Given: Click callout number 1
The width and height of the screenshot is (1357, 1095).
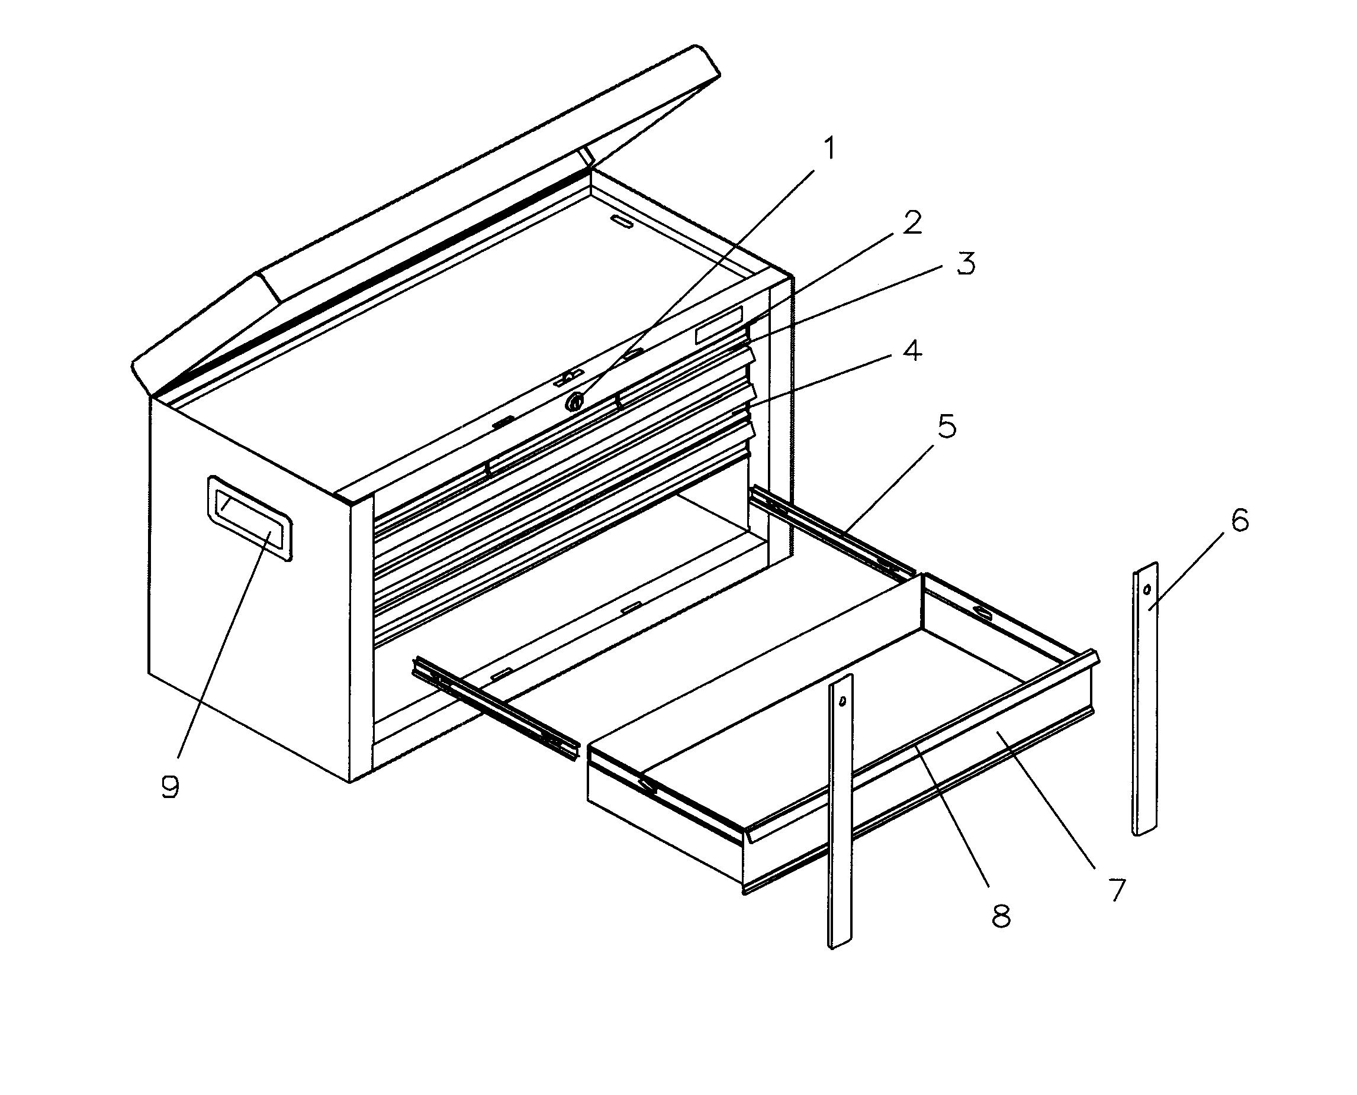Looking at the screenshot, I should [x=829, y=149].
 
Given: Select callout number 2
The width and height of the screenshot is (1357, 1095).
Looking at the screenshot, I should [x=911, y=222].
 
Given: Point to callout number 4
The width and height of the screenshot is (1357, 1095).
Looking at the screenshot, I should [x=911, y=350].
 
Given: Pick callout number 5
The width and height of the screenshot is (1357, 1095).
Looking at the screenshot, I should [x=946, y=427].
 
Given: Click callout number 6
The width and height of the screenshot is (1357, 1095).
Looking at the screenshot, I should [x=1239, y=521].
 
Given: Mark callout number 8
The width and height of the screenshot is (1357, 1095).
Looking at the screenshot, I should [x=1001, y=916].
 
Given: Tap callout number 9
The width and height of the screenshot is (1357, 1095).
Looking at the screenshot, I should [x=170, y=787].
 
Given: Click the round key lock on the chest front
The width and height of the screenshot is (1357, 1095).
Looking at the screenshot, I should [x=575, y=400].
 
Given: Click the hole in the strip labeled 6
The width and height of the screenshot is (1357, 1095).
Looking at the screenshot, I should [x=1147, y=590].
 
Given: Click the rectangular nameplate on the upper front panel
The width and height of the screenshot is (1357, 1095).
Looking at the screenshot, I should [x=719, y=325].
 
